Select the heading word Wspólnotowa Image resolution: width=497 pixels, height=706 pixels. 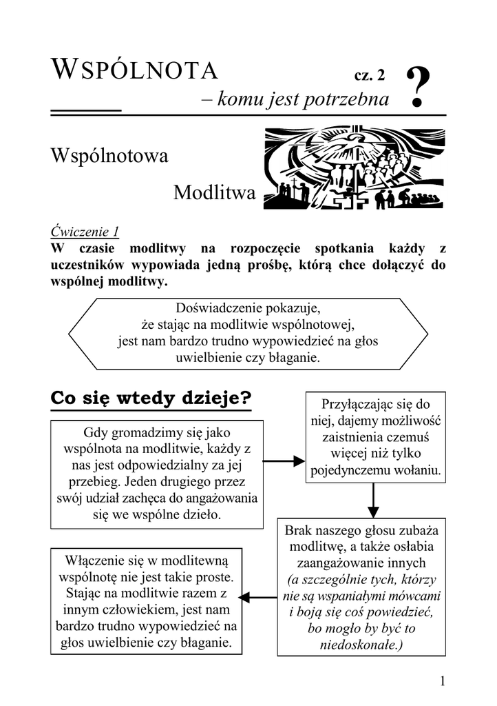(x=109, y=157)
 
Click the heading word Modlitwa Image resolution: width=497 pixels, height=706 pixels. (x=214, y=193)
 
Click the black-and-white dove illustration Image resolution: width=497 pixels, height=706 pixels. (x=354, y=168)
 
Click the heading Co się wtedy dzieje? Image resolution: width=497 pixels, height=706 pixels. (x=151, y=399)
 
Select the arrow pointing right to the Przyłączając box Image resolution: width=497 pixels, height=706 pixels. (x=284, y=460)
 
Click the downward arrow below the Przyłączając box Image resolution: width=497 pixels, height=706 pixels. (x=373, y=500)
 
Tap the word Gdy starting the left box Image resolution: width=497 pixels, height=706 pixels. (x=96, y=433)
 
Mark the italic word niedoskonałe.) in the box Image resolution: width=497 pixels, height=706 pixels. (x=361, y=645)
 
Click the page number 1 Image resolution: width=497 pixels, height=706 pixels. (x=443, y=681)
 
